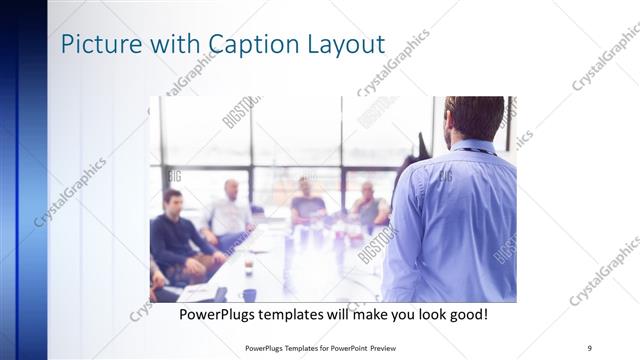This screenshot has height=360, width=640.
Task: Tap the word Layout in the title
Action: pos(346,45)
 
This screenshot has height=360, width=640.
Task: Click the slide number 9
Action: pos(589,347)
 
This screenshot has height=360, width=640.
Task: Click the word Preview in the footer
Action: pos(394,347)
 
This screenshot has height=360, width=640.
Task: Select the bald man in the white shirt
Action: pos(230,210)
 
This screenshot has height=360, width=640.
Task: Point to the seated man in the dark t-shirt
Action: pos(308,205)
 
